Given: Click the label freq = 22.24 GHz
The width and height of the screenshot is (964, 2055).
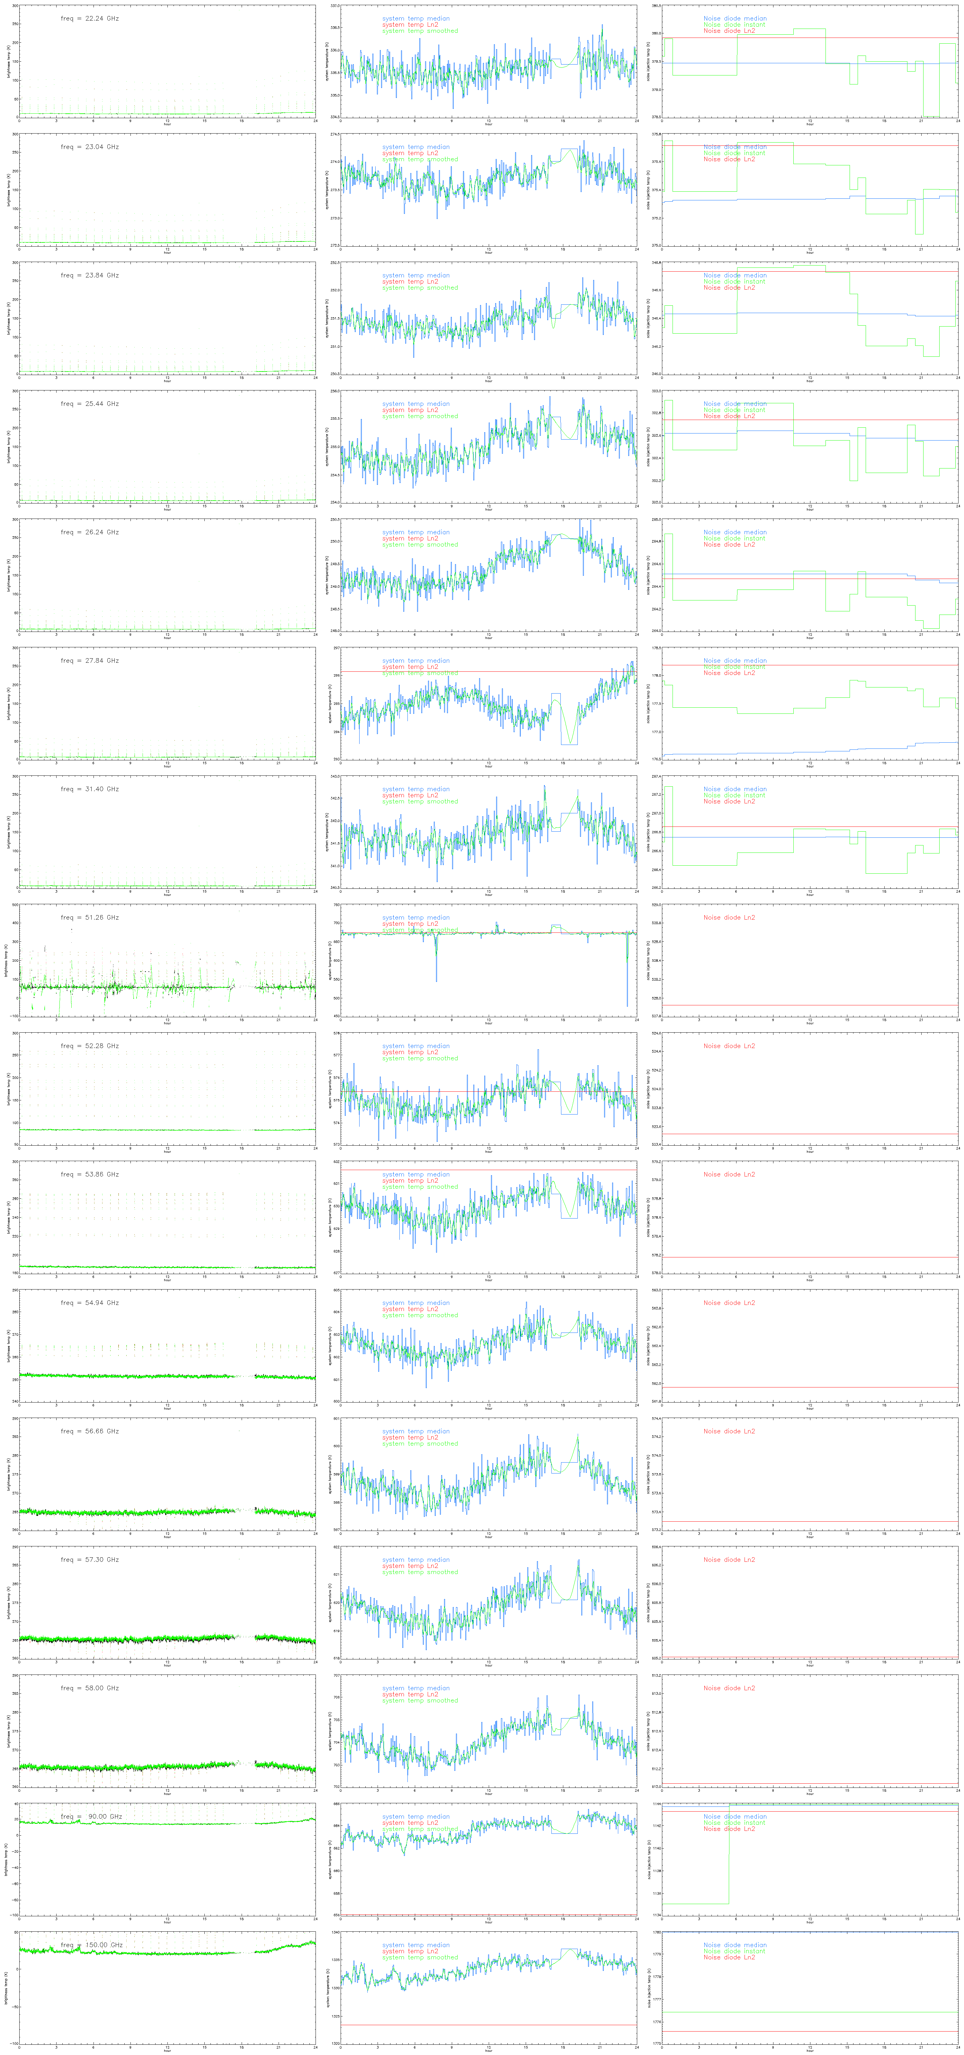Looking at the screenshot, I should point(89,18).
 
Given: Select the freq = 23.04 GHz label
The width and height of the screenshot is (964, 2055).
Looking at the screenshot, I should point(89,147).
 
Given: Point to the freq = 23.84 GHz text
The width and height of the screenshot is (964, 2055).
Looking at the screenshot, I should point(89,275).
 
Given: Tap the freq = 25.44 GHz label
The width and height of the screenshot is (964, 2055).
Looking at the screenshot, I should point(89,404).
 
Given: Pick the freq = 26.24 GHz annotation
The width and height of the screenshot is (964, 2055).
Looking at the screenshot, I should point(89,532).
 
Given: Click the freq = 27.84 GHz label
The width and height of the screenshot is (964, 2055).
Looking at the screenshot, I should point(89,660).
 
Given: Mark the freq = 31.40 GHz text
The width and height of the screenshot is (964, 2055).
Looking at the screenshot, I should point(89,789).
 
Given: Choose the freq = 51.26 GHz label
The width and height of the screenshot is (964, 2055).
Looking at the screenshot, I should point(89,917).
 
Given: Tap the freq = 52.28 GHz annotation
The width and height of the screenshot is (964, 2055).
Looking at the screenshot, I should point(89,1046).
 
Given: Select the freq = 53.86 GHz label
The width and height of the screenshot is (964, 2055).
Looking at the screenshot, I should point(89,1174).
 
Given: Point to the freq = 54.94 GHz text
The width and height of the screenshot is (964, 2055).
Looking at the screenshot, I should point(89,1303).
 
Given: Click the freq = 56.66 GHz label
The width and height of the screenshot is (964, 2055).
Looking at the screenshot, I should point(89,1431).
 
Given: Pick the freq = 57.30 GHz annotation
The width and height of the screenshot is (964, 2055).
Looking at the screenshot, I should point(89,1560).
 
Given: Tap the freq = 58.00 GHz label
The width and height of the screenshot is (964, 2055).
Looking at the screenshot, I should point(89,1688).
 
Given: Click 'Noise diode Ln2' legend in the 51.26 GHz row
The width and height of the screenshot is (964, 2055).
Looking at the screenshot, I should point(728,917).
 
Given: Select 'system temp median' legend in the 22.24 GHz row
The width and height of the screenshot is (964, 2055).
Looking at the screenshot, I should point(415,18).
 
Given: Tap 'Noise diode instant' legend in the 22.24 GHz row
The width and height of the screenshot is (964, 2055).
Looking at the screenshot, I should point(734,25).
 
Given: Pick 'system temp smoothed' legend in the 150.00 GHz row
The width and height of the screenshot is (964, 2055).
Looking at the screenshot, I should point(420,1958).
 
